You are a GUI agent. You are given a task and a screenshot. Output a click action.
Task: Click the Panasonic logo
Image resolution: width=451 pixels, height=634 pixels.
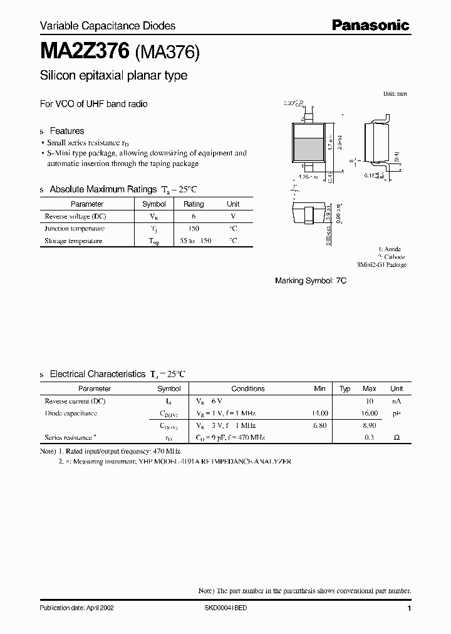pos(370,25)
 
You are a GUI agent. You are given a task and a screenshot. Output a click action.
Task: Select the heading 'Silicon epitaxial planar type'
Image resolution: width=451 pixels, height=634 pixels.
pos(113,76)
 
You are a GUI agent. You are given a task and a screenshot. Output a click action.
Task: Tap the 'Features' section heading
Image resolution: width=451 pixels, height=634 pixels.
pos(66,131)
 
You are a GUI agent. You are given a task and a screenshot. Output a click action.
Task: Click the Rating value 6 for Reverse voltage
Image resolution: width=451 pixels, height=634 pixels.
pos(194,216)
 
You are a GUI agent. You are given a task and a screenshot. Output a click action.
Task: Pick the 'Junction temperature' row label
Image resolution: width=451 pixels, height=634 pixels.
pos(75,229)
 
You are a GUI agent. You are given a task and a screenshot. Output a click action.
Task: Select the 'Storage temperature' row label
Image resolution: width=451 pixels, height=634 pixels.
pos(73,241)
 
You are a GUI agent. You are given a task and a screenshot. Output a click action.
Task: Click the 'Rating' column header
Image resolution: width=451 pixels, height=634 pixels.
pos(194,204)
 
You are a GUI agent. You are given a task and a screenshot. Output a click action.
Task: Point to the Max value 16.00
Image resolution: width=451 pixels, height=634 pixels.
pos(370,413)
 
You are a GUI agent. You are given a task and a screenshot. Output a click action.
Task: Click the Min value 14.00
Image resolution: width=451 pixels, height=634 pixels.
pos(319,413)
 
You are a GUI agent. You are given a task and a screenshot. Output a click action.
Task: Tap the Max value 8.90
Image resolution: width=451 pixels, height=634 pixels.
pos(370,425)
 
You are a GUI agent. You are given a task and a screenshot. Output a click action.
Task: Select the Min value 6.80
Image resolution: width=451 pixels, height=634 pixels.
pos(319,425)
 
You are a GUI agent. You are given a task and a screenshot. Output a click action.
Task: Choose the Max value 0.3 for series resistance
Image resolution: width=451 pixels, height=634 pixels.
pos(370,437)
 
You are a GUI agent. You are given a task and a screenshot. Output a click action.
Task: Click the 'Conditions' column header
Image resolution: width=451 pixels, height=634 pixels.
pos(248,388)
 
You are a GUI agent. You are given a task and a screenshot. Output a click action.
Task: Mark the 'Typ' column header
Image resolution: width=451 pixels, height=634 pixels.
pos(345,388)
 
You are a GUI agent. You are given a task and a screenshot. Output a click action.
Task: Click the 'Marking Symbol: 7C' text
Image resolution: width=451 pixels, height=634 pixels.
pos(311,281)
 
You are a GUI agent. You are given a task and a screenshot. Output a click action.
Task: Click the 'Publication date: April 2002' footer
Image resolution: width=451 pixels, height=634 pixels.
pos(76,608)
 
